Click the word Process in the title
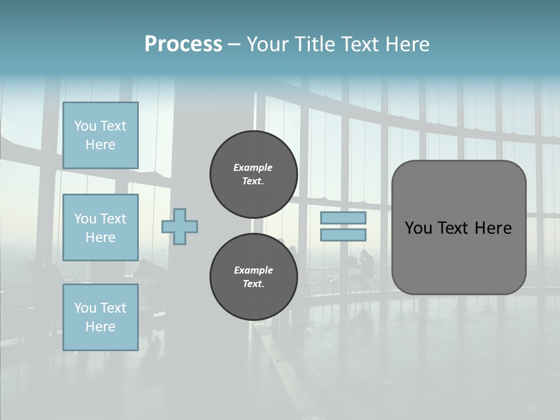pyautogui.click(x=183, y=44)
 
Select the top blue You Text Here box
pyautogui.click(x=100, y=135)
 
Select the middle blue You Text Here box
pyautogui.click(x=100, y=228)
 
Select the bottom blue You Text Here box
pyautogui.click(x=100, y=317)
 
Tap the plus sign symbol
pyautogui.click(x=180, y=226)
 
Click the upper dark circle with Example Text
pyautogui.click(x=254, y=174)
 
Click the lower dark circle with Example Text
pyautogui.click(x=254, y=277)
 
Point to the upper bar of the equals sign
pyautogui.click(x=343, y=218)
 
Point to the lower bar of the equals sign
pyautogui.click(x=343, y=235)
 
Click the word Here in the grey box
pyautogui.click(x=493, y=228)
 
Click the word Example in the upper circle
pyautogui.click(x=253, y=167)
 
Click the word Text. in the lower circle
pyautogui.click(x=253, y=284)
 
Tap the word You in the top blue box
pyautogui.click(x=85, y=126)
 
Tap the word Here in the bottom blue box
pyautogui.click(x=100, y=327)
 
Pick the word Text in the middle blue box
pyautogui.click(x=113, y=219)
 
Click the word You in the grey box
pyautogui.click(x=418, y=228)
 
